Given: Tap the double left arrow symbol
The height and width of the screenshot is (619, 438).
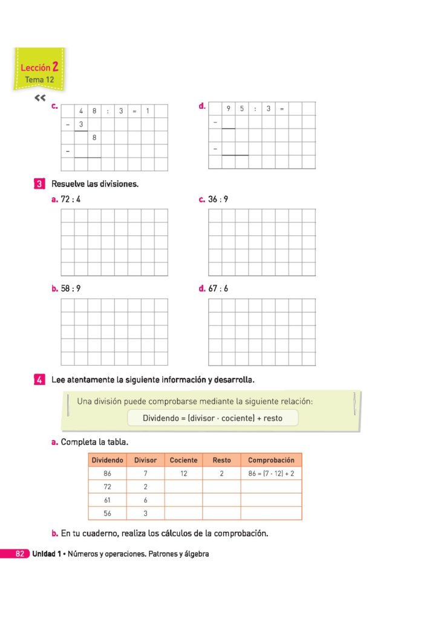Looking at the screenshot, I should click(40, 98).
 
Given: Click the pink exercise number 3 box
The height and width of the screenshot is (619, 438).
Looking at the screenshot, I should click(39, 183).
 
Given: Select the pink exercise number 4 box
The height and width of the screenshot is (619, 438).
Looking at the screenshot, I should click(39, 380).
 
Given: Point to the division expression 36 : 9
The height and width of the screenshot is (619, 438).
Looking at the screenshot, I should click(218, 199).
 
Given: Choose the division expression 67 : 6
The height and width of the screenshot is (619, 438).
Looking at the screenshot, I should click(218, 288).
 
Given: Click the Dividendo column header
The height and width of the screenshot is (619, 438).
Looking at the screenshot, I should click(107, 460).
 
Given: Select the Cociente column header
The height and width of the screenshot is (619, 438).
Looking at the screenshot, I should click(183, 460).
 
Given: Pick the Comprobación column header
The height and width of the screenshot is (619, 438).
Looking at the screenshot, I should click(271, 460).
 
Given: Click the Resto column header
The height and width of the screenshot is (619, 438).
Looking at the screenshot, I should click(221, 460).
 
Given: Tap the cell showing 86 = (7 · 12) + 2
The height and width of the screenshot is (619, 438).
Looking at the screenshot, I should click(271, 474).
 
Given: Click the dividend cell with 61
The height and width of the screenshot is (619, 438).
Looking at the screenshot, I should click(107, 500).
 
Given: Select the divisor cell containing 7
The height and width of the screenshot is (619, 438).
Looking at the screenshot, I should click(145, 474).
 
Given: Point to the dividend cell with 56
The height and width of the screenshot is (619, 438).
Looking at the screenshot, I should click(107, 513).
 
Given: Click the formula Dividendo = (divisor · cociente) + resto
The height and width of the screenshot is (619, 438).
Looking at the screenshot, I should click(212, 418).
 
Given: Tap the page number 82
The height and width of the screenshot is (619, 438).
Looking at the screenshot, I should click(19, 554).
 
